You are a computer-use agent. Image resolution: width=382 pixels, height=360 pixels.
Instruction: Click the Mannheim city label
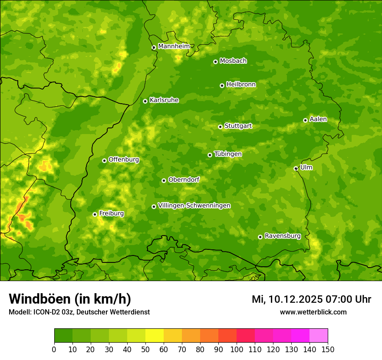174,46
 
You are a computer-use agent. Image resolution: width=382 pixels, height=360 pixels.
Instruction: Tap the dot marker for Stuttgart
220,127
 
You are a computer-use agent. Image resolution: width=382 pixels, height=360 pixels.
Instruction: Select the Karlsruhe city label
164,100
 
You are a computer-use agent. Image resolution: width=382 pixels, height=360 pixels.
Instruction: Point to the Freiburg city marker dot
95,214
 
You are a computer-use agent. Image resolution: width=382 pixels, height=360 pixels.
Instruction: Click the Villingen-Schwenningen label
194,206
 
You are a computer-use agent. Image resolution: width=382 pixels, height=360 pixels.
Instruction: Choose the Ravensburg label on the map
283,236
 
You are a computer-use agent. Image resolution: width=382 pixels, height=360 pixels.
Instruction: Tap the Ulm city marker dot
296,168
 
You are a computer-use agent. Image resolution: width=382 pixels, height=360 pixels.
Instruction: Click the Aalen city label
318,119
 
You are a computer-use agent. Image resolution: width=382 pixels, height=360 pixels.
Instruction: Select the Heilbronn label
241,85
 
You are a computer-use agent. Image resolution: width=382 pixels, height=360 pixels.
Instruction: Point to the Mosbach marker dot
215,62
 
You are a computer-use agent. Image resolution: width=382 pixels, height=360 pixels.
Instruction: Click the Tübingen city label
228,154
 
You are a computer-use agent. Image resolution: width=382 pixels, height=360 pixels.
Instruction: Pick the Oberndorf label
184,180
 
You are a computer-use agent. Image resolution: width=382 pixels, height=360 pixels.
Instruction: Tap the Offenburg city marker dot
104,160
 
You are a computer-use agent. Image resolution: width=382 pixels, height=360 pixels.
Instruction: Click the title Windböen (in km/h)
69,299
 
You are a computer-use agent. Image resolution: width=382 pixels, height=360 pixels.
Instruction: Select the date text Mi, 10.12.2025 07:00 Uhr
311,299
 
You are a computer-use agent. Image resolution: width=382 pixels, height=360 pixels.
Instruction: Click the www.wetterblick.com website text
313,312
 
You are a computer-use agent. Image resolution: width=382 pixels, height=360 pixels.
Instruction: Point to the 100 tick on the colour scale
237,349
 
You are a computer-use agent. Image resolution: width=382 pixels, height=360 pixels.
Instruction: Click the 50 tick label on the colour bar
145,349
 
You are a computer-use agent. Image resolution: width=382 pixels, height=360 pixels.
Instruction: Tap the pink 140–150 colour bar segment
319,336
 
